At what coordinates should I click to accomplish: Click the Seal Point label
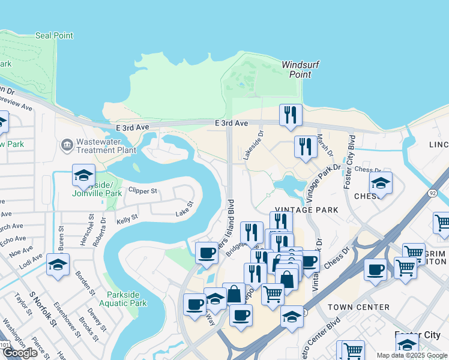click(54, 35)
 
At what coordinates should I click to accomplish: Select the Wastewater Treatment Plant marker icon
click(67, 145)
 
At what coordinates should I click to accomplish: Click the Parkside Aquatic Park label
click(127, 299)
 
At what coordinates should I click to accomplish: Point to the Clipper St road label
click(142, 191)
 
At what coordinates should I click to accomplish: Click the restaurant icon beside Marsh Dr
click(306, 146)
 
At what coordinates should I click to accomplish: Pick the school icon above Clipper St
click(83, 175)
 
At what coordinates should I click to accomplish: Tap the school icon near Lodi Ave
click(58, 265)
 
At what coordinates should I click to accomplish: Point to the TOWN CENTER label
click(359, 307)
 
